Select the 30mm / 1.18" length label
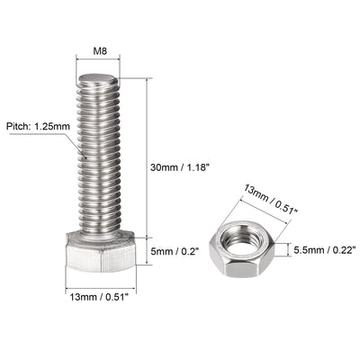[x=180, y=166]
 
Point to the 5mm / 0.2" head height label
[x=172, y=250]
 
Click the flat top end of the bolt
[x=97, y=80]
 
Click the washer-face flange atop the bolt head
[x=96, y=236]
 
